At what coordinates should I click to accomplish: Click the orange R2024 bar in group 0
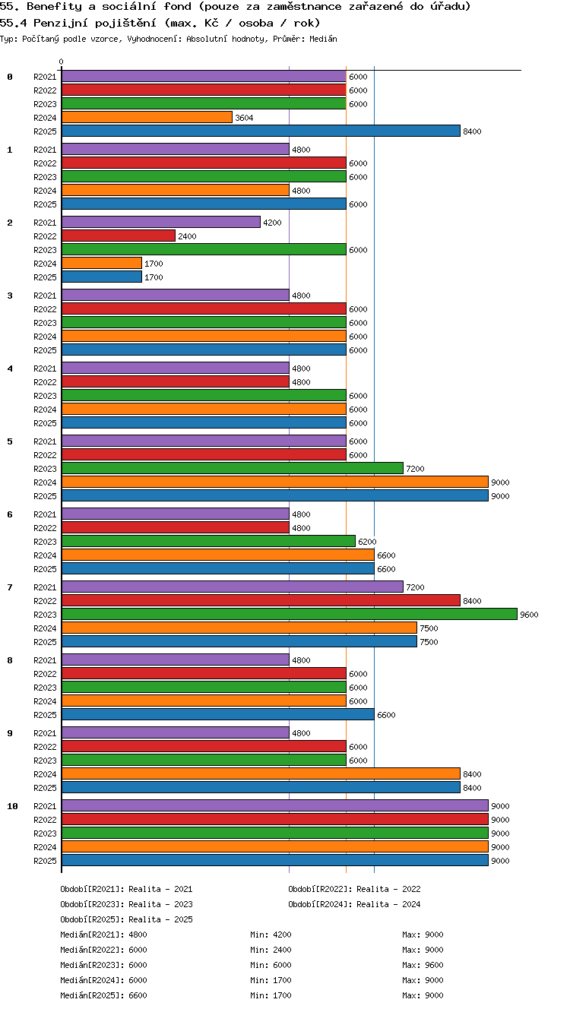[x=147, y=118]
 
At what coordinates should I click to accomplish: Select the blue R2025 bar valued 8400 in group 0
[x=261, y=131]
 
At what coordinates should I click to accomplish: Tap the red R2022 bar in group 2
[x=119, y=236]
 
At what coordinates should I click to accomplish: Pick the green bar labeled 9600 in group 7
[x=290, y=614]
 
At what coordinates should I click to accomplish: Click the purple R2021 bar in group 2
[x=161, y=222]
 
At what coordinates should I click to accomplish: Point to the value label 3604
[x=244, y=118]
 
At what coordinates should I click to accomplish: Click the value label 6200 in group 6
[x=367, y=542]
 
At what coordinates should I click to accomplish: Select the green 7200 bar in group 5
[x=233, y=468]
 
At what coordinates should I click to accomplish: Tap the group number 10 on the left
[x=12, y=806]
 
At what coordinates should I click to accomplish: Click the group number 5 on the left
[x=10, y=441]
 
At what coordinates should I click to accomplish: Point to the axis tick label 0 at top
[x=62, y=62]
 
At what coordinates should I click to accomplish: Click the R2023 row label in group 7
[x=45, y=615]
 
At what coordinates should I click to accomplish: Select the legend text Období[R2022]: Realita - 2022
[x=354, y=889]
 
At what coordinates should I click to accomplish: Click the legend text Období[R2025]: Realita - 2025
[x=126, y=919]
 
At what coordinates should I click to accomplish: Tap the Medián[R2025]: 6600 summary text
[x=103, y=995]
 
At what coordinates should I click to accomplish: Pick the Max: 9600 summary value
[x=423, y=965]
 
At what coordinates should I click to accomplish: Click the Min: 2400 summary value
[x=271, y=950]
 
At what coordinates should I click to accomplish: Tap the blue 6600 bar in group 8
[x=218, y=714]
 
